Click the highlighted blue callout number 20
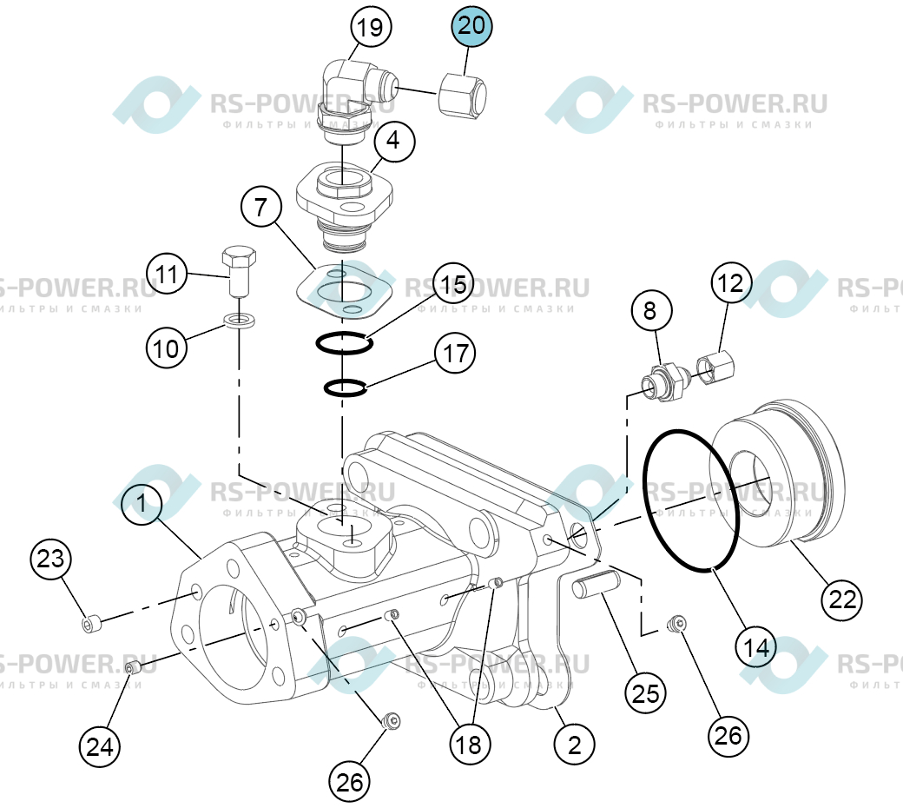(x=471, y=26)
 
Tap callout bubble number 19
(x=371, y=27)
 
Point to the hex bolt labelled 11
(x=239, y=271)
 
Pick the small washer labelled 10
(x=239, y=319)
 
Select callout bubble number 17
(x=456, y=353)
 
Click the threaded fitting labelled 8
(x=666, y=381)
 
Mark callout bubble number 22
(x=842, y=600)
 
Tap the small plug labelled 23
(x=91, y=624)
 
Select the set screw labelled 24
(x=134, y=668)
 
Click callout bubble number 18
(x=470, y=745)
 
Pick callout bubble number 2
(x=574, y=745)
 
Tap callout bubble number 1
(x=142, y=503)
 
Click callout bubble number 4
(x=394, y=141)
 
